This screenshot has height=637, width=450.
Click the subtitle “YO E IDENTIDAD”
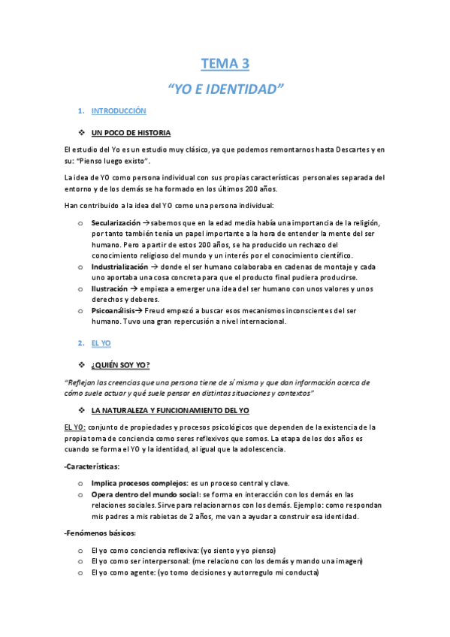[x=225, y=89]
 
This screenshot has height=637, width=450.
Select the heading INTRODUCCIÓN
[x=118, y=111]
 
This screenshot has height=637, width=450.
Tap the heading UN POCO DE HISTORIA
[x=131, y=133]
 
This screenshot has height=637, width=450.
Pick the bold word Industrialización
[x=119, y=267]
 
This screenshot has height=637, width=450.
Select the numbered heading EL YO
[x=101, y=343]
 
